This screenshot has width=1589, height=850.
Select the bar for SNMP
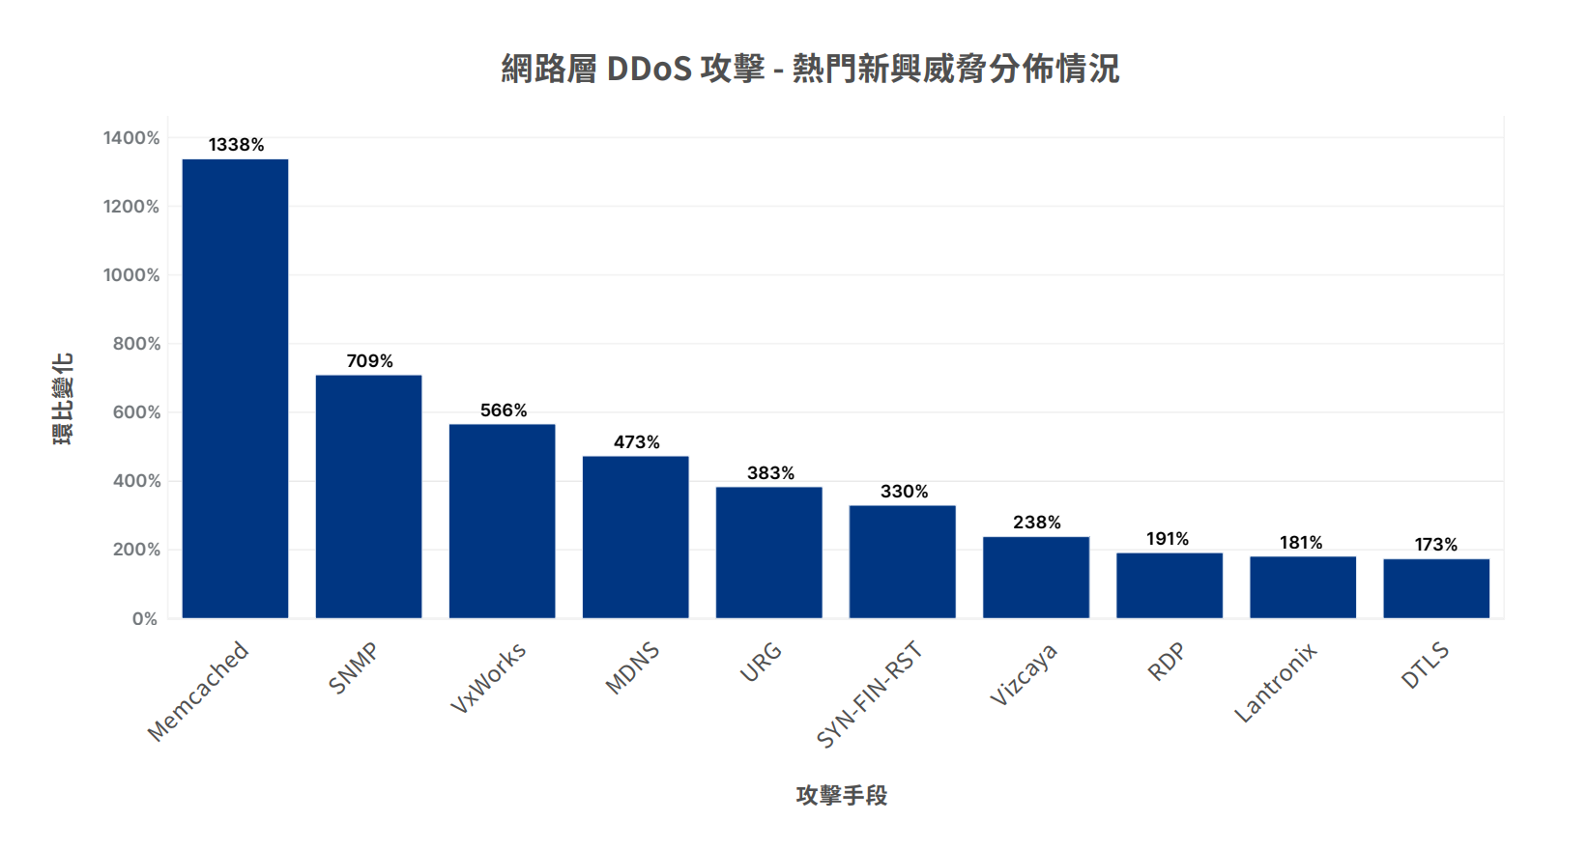(x=368, y=496)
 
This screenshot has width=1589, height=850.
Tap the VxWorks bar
(x=502, y=521)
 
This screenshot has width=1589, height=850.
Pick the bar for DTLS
(x=1435, y=588)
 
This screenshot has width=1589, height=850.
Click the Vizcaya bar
(x=1035, y=577)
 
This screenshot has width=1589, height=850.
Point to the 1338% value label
(x=236, y=145)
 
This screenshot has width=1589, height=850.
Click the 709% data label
(x=369, y=361)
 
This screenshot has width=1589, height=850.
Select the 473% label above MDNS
(x=636, y=442)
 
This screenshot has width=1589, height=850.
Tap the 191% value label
(x=1167, y=539)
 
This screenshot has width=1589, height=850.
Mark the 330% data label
(x=904, y=492)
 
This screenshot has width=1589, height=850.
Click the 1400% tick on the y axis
(x=131, y=138)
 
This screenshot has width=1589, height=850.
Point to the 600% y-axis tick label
(x=136, y=412)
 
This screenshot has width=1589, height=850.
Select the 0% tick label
(x=145, y=619)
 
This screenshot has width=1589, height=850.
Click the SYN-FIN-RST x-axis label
(x=870, y=694)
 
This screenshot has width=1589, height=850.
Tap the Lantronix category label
(x=1276, y=683)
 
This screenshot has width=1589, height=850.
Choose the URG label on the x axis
(x=762, y=662)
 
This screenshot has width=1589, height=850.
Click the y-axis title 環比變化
(x=63, y=398)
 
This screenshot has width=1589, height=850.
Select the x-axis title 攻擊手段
(x=841, y=795)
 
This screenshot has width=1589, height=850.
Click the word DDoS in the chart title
(x=649, y=69)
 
